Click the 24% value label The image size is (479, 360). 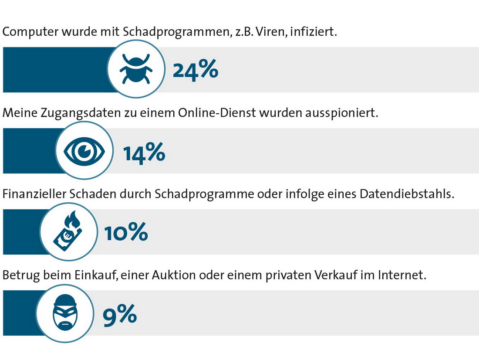[x=195, y=70]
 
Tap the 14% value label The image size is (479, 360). [x=144, y=152]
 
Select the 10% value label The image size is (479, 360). [x=126, y=233]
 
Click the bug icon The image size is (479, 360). [x=136, y=69]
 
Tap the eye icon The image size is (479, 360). [x=84, y=151]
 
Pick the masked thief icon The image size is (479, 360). [x=65, y=313]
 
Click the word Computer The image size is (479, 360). [x=26, y=32]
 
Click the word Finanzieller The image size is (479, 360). [x=33, y=194]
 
